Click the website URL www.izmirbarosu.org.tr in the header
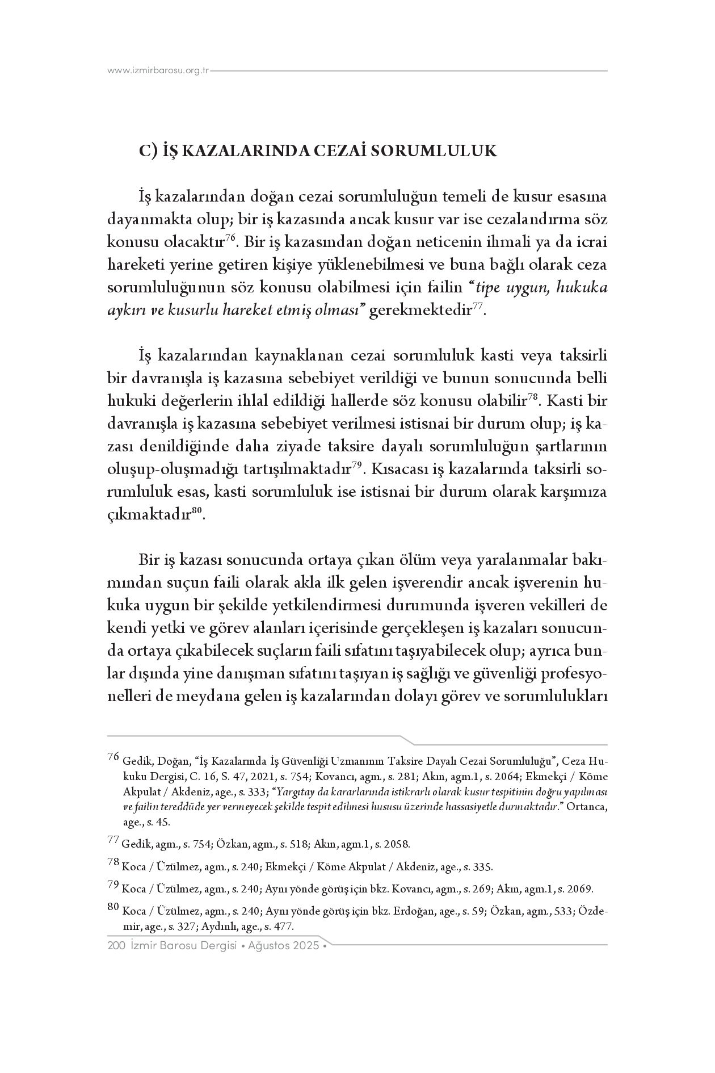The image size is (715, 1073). pyautogui.click(x=158, y=71)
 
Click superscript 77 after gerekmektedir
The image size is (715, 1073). pyautogui.click(x=478, y=307)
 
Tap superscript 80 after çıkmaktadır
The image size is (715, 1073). pyautogui.click(x=197, y=512)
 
